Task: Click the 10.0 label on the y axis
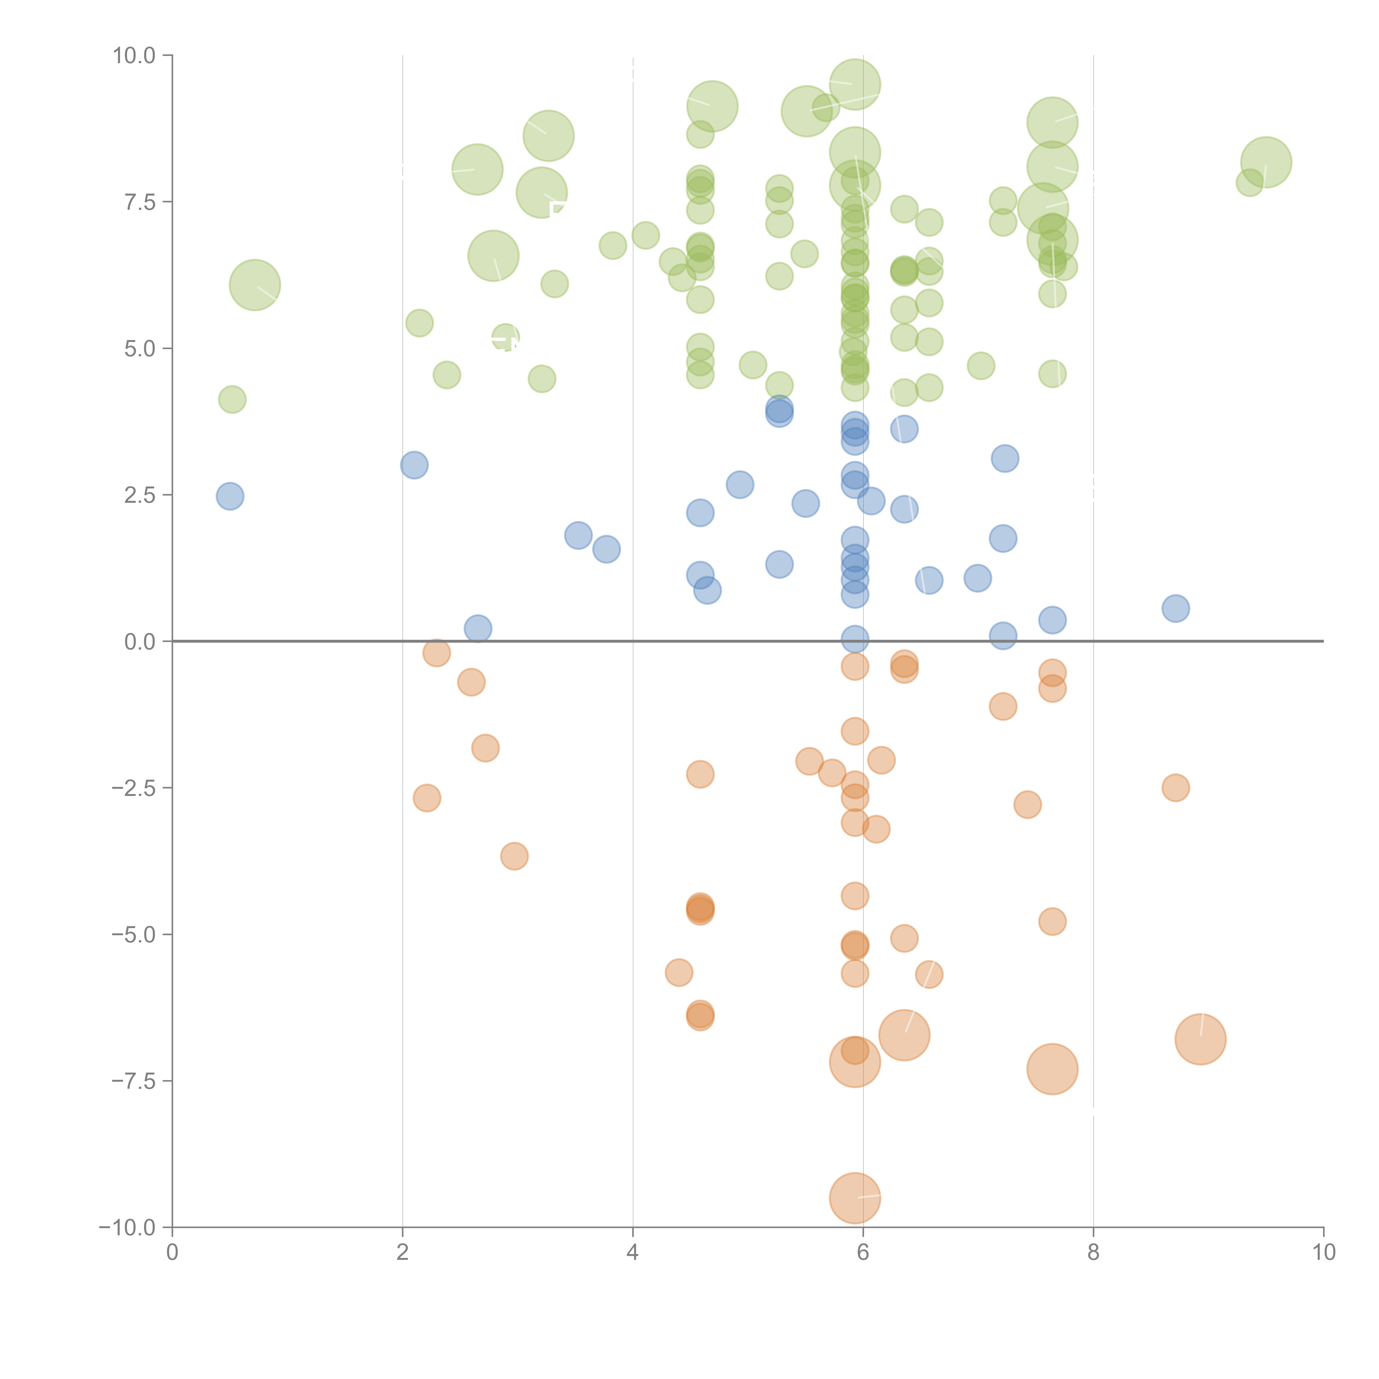tap(134, 56)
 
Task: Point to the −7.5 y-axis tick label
tap(134, 1081)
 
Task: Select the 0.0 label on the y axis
tap(140, 642)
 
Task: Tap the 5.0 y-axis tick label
tap(140, 349)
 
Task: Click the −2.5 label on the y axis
tap(134, 788)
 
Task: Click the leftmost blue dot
tap(230, 496)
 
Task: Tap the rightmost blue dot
tap(1175, 608)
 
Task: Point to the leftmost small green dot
tap(232, 399)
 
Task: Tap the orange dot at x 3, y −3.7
tap(514, 856)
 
